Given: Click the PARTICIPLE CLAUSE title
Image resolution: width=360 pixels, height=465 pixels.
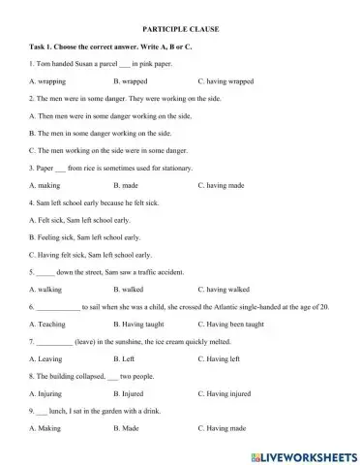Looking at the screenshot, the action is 180,30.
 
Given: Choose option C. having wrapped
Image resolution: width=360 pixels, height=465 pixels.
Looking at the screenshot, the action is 225,81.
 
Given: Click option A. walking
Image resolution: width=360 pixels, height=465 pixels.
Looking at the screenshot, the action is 45,290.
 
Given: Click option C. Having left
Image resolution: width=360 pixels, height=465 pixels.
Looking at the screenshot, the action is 220,358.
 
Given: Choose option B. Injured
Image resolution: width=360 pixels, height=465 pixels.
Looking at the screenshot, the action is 129,393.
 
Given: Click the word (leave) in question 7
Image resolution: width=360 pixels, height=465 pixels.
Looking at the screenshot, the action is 90,342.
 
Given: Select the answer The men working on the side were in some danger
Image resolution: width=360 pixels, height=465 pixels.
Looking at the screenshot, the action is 103,150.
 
